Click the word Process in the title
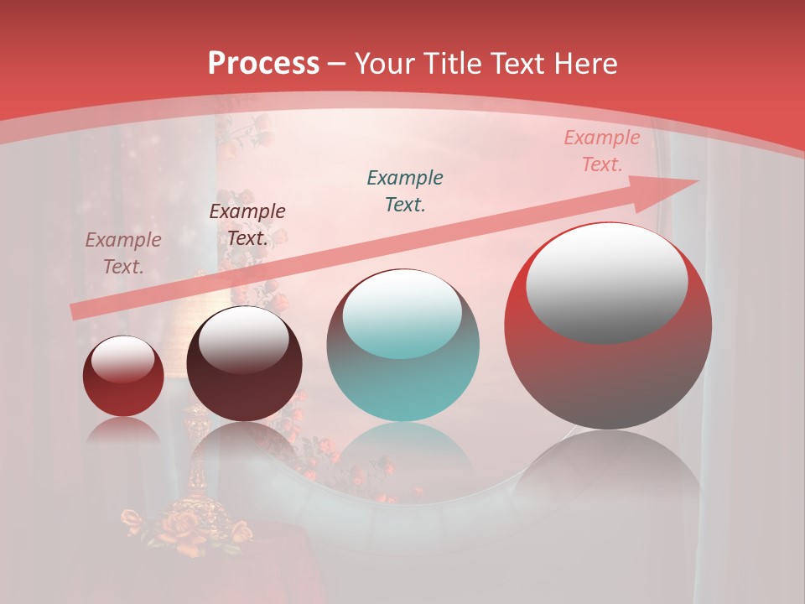pos(263,63)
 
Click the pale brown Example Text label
pos(123,253)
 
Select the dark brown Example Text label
pos(247,224)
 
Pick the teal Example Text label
pos(405,190)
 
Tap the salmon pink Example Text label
pos(601,151)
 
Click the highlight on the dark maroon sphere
pos(243,340)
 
